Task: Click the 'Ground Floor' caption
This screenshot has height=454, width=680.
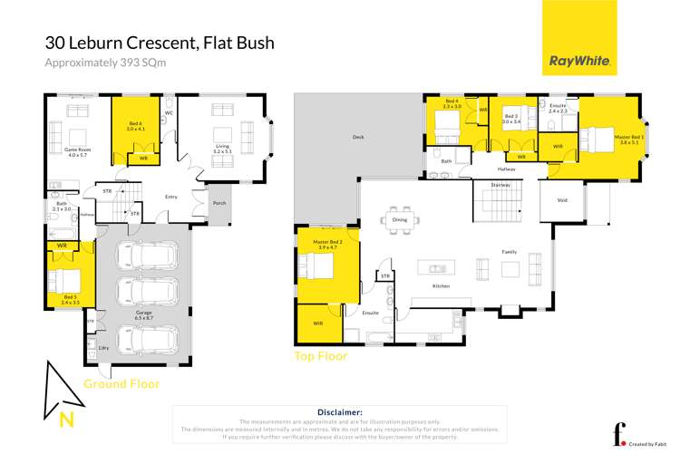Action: tap(121, 383)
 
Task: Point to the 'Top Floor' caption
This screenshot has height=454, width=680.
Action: tap(320, 356)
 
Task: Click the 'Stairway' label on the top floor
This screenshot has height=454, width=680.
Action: tap(500, 184)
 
